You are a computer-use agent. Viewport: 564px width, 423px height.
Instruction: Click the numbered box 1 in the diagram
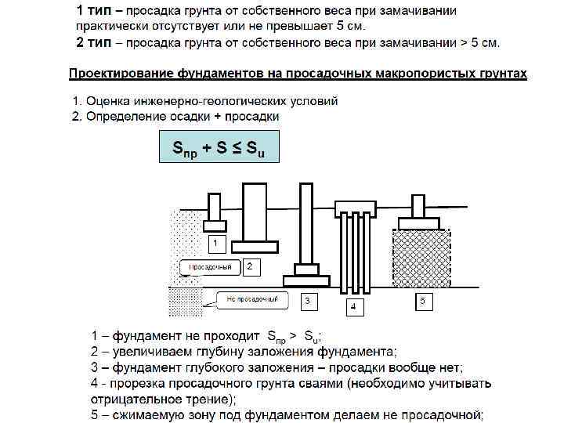coord(214,244)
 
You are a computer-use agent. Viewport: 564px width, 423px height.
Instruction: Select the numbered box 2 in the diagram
coord(249,268)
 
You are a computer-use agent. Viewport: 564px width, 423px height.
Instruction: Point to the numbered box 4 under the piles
coord(353,305)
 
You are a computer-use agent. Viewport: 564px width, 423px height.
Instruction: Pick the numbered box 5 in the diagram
coord(423,300)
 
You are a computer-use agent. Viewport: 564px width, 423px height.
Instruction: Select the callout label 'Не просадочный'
coord(248,299)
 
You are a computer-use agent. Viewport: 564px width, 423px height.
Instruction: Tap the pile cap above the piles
coord(356,208)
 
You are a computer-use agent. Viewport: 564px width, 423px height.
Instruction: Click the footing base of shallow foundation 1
coord(215,227)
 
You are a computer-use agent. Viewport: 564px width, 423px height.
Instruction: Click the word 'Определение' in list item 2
coord(125,117)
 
